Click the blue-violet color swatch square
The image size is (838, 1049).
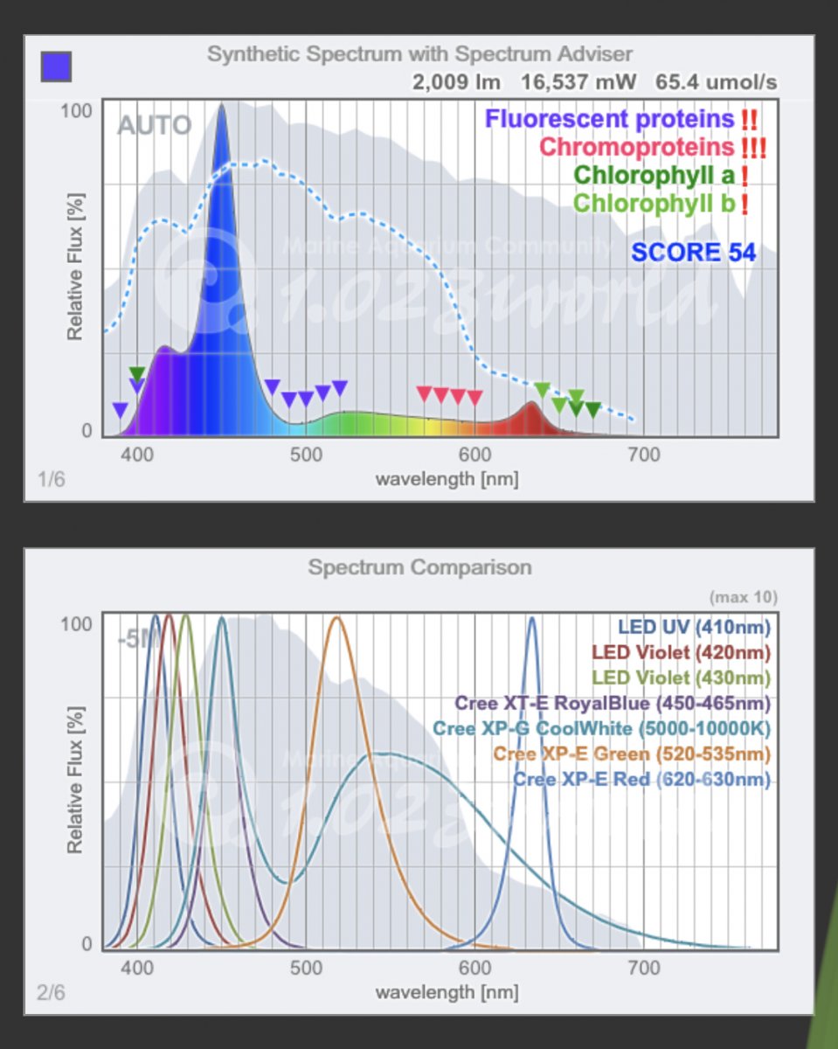point(57,66)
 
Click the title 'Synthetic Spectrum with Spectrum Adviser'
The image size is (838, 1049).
point(419,54)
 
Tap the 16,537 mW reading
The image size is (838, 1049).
point(578,82)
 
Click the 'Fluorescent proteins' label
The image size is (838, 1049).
point(610,119)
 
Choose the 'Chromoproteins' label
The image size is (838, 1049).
point(636,147)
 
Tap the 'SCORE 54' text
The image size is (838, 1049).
point(694,252)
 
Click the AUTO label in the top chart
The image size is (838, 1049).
point(154,125)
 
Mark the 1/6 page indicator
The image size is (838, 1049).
point(51,478)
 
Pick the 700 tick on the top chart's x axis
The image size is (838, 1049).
point(644,455)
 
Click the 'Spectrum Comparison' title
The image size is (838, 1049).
point(419,567)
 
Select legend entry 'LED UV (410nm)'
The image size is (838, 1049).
point(695,627)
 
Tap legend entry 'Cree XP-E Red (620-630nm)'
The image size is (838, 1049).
point(642,779)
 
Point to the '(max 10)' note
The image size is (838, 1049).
point(743,598)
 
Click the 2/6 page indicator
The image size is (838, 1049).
point(51,992)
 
